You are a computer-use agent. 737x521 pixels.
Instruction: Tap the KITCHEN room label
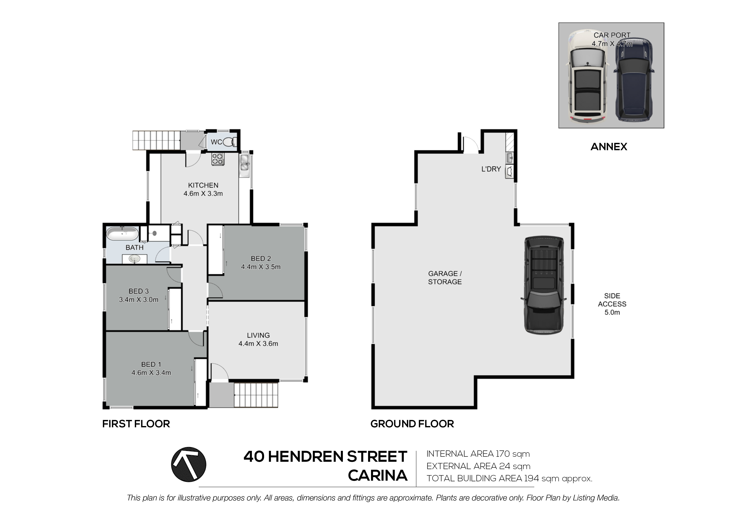tap(203, 185)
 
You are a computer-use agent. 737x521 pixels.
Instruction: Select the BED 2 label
tap(261, 258)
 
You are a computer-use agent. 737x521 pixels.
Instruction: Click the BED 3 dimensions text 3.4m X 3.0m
tap(139, 300)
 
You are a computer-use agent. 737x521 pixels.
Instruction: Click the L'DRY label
tap(491, 169)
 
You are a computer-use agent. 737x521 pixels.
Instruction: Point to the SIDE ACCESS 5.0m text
tap(612, 304)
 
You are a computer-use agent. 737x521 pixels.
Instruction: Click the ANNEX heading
tap(609, 147)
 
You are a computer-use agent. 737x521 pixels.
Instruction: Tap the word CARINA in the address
tap(378, 475)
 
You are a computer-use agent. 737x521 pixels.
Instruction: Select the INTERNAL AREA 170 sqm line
tap(478, 454)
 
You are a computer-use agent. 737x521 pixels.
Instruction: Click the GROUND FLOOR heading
tap(412, 424)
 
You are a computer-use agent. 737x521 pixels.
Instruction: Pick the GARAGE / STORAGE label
tap(445, 278)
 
